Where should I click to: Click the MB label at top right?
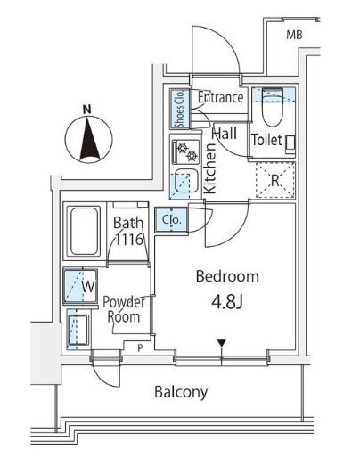(294, 35)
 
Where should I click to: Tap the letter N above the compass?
(86, 110)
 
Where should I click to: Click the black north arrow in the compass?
(88, 139)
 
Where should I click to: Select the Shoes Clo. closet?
(180, 109)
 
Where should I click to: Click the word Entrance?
(221, 97)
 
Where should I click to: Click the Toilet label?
(266, 140)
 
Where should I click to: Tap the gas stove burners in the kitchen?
(186, 151)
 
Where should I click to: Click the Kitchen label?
(210, 168)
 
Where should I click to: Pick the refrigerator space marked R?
(275, 180)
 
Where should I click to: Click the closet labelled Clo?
(171, 219)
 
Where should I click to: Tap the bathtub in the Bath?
(85, 231)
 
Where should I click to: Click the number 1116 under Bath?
(128, 239)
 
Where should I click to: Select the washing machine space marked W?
(80, 286)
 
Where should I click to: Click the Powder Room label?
(123, 309)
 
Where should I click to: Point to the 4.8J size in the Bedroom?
(227, 302)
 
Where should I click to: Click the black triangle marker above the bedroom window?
(222, 343)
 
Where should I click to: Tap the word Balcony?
(181, 392)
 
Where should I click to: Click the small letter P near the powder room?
(140, 348)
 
